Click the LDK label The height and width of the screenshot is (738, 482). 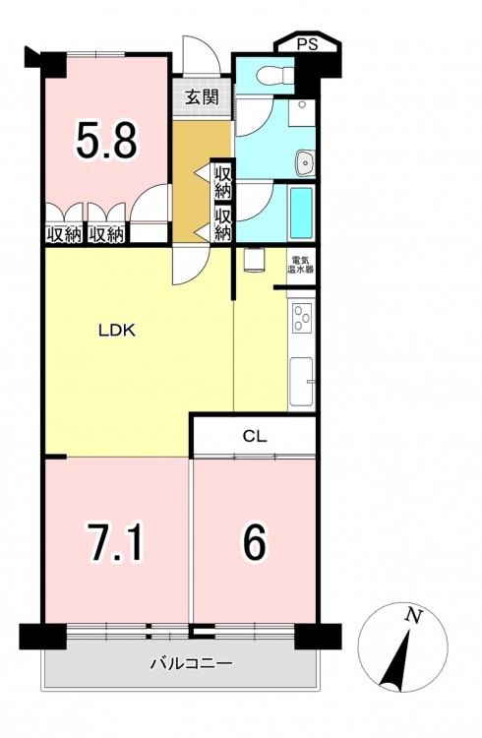click(x=117, y=331)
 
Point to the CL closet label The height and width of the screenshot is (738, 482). click(x=255, y=436)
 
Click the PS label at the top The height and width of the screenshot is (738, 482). click(x=307, y=44)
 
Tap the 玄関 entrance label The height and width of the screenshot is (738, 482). click(x=203, y=97)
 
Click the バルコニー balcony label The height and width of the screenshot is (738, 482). click(x=192, y=663)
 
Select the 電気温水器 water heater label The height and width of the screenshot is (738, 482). click(x=301, y=265)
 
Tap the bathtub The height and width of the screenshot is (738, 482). click(x=301, y=213)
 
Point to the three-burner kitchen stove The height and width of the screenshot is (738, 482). click(x=302, y=318)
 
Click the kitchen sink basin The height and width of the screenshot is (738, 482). click(x=301, y=382)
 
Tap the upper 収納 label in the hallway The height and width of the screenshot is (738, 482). click(x=223, y=182)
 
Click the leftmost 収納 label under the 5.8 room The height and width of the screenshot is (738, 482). click(x=65, y=235)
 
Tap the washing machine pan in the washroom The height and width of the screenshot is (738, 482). click(x=301, y=112)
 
